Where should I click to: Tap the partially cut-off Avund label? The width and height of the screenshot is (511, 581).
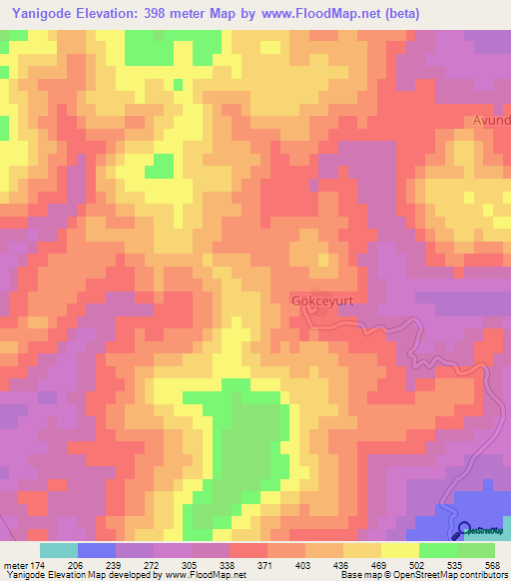pyautogui.click(x=492, y=121)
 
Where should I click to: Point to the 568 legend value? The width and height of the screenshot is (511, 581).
pyautogui.click(x=492, y=565)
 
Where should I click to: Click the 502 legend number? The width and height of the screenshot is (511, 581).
pyautogui.click(x=417, y=565)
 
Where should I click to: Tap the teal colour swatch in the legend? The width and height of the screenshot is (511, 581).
pyautogui.click(x=58, y=550)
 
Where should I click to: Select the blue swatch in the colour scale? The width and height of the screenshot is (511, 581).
pyautogui.click(x=97, y=550)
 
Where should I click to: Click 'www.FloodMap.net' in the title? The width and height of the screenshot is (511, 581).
pyautogui.click(x=316, y=13)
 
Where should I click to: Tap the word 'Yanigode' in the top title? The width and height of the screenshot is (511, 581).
pyautogui.click(x=43, y=13)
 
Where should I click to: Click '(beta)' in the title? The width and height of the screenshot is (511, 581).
pyautogui.click(x=396, y=13)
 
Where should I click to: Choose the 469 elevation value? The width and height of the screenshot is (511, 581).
pyautogui.click(x=379, y=565)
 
